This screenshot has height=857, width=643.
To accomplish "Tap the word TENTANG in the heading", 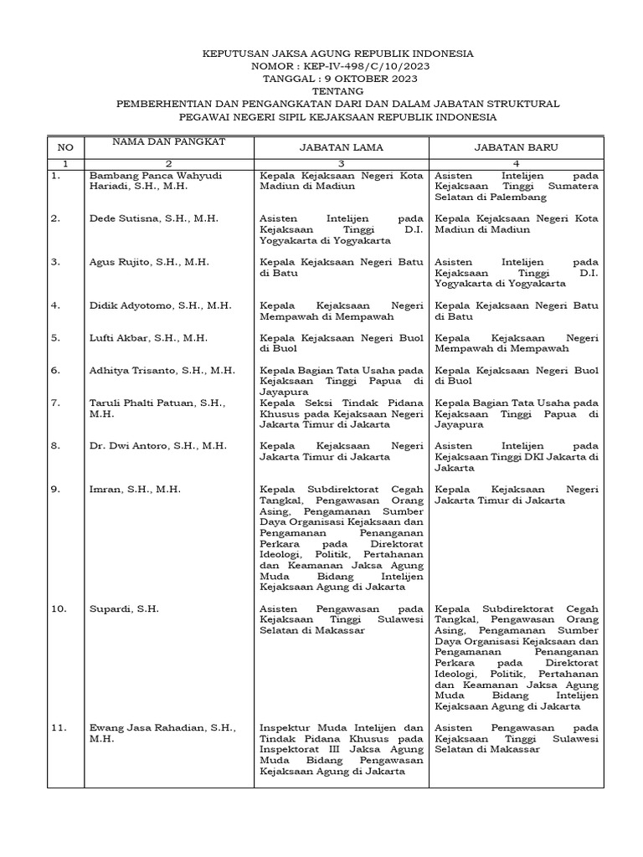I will tap(338, 91).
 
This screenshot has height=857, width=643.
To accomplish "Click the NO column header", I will tap(65, 147).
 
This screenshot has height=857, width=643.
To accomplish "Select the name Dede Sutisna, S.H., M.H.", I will tap(153, 218).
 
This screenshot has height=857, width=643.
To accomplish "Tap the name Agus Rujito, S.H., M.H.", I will tap(149, 262).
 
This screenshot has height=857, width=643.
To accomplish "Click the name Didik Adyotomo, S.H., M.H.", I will tap(160, 305).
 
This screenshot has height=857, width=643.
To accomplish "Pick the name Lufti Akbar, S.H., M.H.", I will tap(148, 338).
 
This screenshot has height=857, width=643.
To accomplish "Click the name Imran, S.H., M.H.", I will tap(135, 489).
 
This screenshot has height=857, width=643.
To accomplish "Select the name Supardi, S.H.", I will tap(124, 609).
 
